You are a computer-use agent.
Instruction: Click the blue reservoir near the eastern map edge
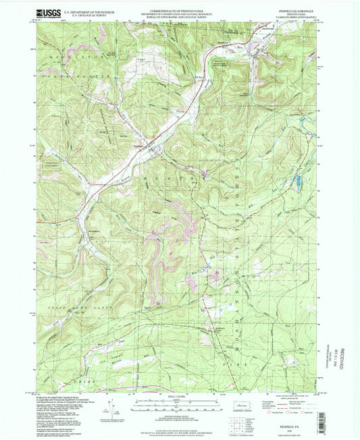[294, 180]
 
